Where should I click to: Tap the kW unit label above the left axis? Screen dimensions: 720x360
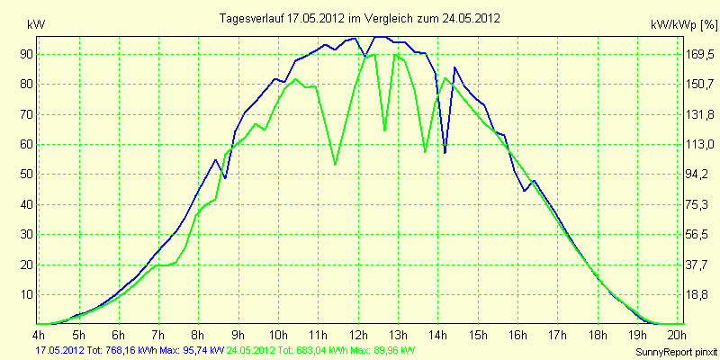coord(36,25)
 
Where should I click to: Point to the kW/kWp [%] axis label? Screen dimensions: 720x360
coord(683,25)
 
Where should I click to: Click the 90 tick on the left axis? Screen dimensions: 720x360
coord(22,54)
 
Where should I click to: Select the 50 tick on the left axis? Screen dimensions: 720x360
coord(22,175)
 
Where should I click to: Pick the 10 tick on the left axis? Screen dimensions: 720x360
coord(22,295)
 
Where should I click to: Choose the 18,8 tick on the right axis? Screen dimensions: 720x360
coord(700,295)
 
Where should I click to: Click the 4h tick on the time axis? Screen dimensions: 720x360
coord(39,334)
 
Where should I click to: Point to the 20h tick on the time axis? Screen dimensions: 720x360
coord(678,334)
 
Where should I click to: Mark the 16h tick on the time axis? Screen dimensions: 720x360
coord(518,334)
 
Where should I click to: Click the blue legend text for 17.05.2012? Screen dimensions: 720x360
coord(130,351)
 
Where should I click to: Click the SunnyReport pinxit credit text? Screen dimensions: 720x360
coord(676,352)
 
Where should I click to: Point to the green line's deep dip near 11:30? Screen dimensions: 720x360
coord(335,164)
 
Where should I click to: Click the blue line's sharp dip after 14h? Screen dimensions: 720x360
coord(445,152)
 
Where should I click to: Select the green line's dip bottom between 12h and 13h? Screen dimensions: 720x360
coord(385,130)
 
